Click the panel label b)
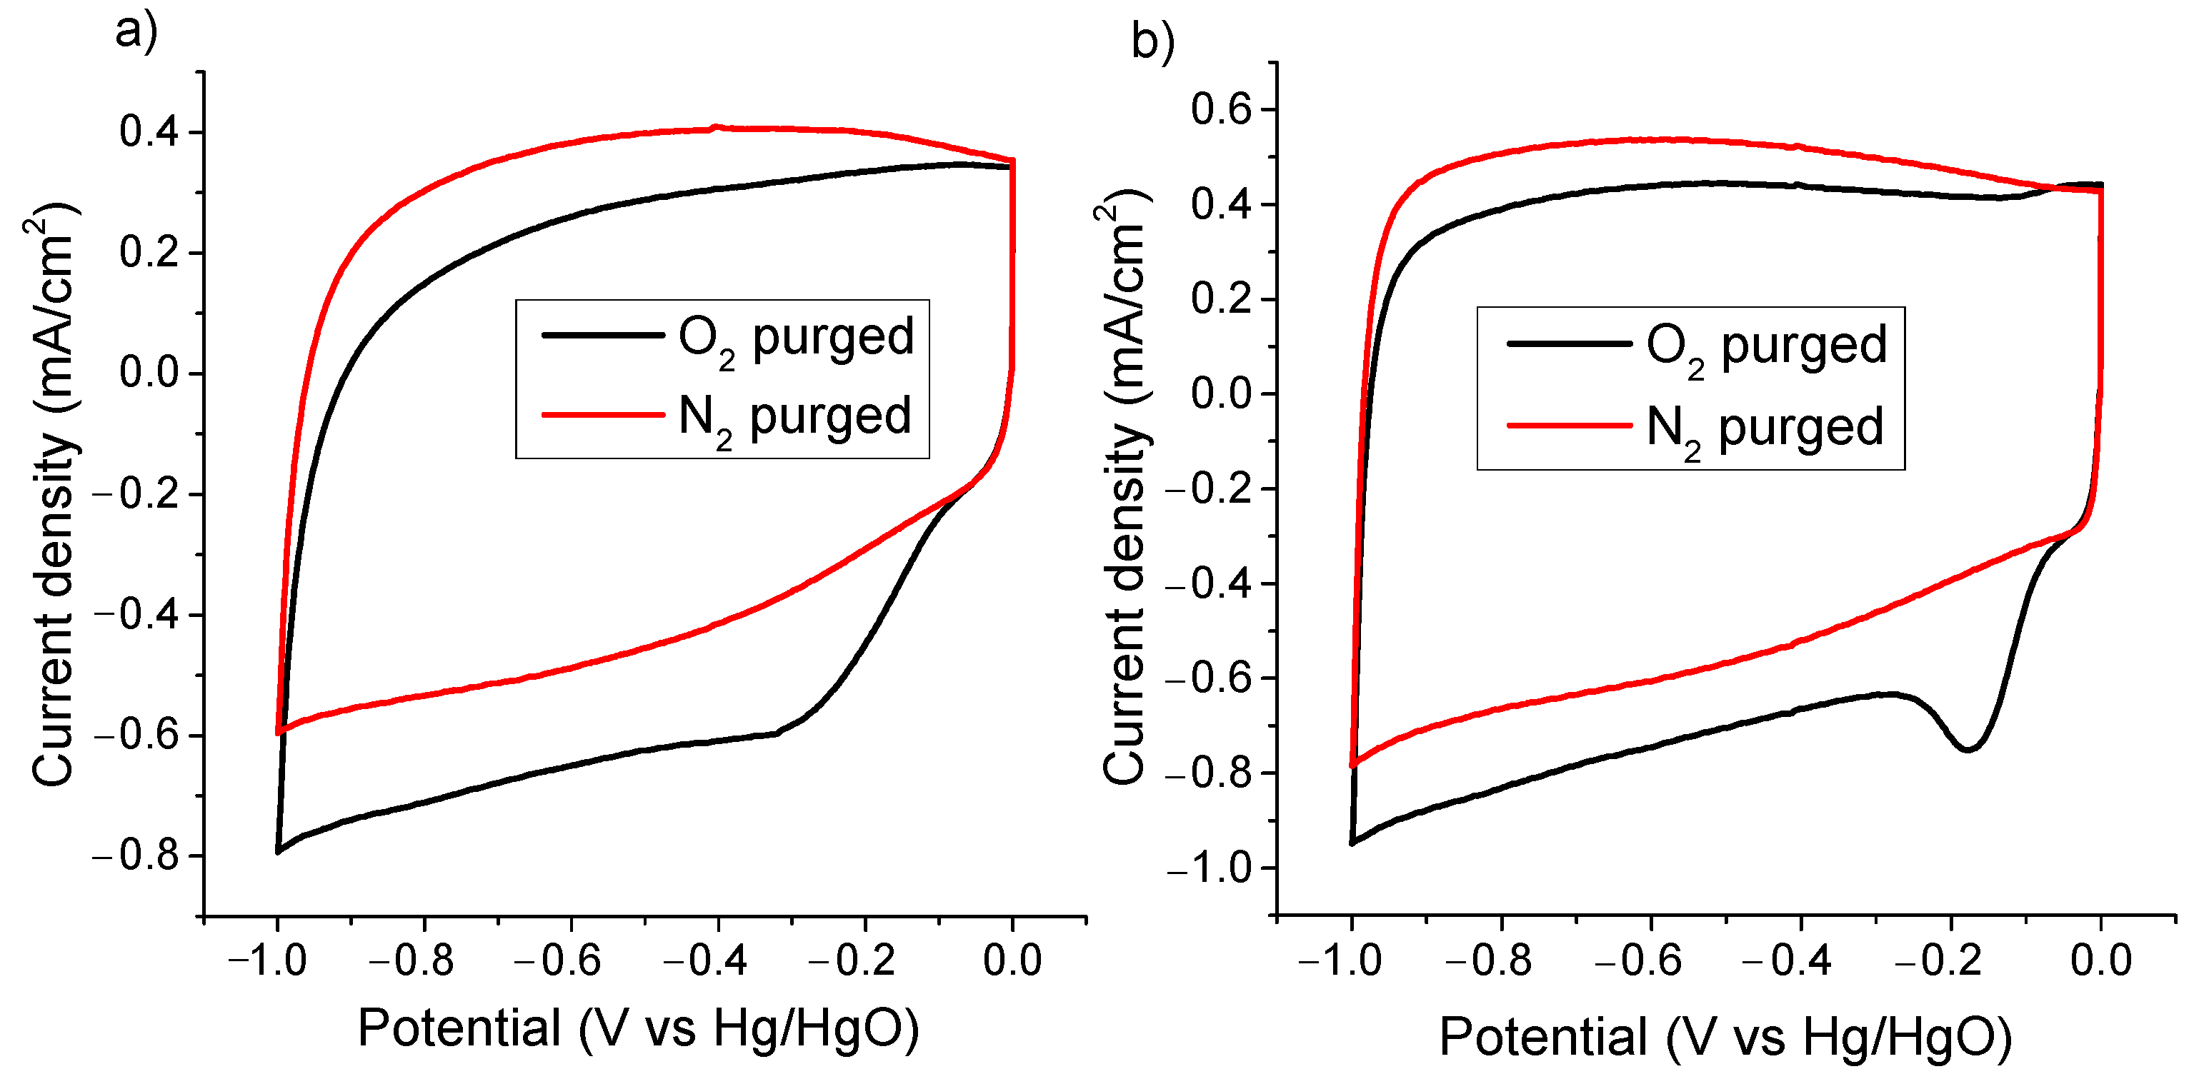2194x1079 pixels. [x=1152, y=40]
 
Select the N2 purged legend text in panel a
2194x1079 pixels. [x=794, y=417]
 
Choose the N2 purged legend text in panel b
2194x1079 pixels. [x=1764, y=428]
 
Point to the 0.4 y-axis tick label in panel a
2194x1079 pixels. [x=149, y=133]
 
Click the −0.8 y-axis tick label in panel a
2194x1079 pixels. [x=136, y=856]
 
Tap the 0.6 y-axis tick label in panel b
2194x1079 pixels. [x=1220, y=110]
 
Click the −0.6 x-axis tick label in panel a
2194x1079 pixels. [x=558, y=960]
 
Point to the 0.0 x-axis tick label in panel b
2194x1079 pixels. [x=2100, y=960]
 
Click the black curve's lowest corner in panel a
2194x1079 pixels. [x=279, y=850]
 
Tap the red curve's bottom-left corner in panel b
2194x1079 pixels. [x=1352, y=766]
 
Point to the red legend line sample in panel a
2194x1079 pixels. [x=603, y=416]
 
